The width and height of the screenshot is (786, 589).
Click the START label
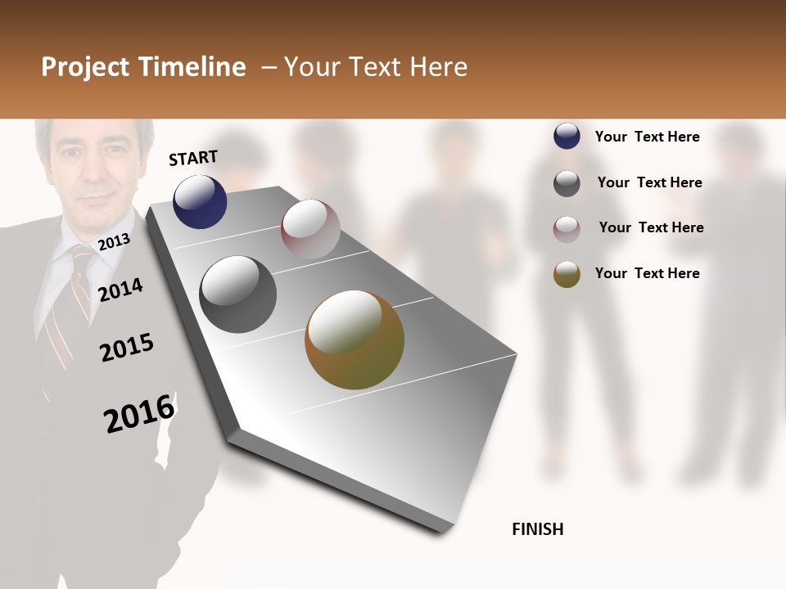click(x=193, y=158)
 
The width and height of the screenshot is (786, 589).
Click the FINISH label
click(x=537, y=529)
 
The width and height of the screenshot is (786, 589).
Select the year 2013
click(x=114, y=241)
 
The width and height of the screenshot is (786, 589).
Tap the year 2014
click(x=120, y=290)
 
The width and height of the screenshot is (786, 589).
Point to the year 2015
click(x=127, y=348)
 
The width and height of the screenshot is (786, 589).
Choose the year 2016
click(x=139, y=413)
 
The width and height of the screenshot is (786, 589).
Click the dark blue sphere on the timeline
click(x=200, y=201)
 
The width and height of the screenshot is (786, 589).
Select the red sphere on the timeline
click(x=310, y=229)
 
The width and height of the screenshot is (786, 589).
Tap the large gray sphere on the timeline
click(x=238, y=294)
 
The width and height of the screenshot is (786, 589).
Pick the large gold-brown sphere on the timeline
click(x=355, y=339)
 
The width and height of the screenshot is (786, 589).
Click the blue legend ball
click(x=567, y=136)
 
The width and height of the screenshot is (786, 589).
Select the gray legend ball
click(x=567, y=183)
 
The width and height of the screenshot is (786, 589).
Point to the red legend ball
click(x=567, y=229)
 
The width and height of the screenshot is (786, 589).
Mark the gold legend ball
click(x=567, y=274)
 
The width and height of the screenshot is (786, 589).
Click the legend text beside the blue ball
click(x=647, y=137)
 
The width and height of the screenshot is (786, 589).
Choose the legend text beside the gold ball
click(x=647, y=273)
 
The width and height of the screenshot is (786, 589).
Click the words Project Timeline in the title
click(x=143, y=67)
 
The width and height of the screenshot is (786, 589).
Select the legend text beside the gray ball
click(x=649, y=182)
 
